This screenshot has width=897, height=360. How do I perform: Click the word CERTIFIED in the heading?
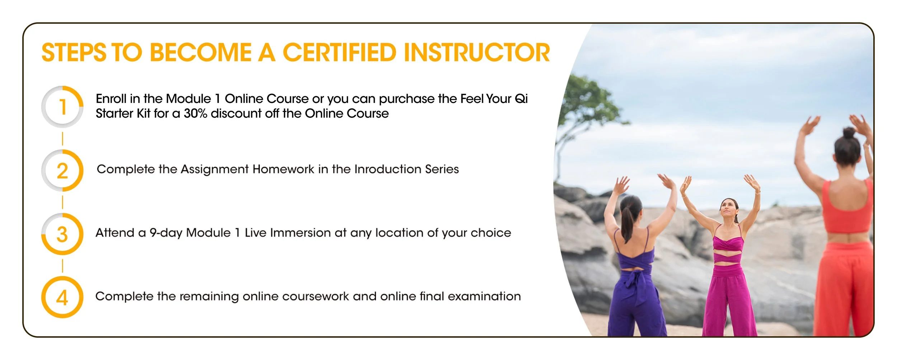tap(339, 53)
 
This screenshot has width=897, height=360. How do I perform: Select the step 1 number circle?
tap(62, 107)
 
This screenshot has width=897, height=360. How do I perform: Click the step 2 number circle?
tap(62, 170)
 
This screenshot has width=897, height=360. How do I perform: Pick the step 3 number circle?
tap(62, 234)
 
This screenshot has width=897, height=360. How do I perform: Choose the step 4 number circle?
tap(62, 297)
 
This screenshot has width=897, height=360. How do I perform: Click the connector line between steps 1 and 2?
tap(63, 139)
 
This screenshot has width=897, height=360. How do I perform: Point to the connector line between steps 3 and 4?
tap(63, 266)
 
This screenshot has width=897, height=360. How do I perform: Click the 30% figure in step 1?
tap(196, 114)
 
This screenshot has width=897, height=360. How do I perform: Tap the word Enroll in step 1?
tap(111, 99)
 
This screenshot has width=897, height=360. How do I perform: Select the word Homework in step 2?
tap(283, 169)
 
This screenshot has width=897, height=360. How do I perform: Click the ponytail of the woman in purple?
tap(627, 223)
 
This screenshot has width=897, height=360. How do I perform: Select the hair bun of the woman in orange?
tap(849, 133)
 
